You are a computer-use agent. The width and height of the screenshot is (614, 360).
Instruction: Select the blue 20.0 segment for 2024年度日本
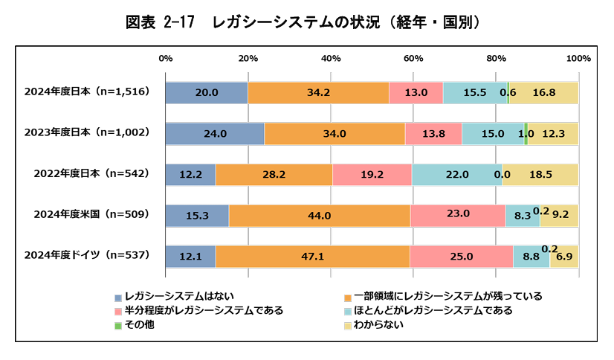207,93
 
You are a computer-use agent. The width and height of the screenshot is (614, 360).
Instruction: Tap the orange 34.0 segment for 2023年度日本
335,134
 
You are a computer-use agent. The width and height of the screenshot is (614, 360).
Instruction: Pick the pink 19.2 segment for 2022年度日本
372,174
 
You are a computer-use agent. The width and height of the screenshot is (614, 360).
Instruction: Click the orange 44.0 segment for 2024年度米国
320,215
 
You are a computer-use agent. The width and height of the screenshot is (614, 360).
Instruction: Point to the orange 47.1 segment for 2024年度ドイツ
313,256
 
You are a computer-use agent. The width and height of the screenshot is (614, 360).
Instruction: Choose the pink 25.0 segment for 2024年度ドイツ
461,256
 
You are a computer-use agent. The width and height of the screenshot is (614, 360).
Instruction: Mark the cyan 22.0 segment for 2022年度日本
456,174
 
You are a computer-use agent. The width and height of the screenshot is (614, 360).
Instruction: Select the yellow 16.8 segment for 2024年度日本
544,93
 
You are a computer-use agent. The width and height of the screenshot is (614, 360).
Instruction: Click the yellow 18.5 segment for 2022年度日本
540,174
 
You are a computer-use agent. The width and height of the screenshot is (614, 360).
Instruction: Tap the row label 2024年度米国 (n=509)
91,214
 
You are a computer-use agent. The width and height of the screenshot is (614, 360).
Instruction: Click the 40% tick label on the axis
331,58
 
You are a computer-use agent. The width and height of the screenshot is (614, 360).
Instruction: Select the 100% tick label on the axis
578,58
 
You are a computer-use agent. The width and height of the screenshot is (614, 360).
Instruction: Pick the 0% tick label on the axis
166,58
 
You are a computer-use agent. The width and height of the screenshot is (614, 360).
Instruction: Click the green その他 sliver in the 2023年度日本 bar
526,134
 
